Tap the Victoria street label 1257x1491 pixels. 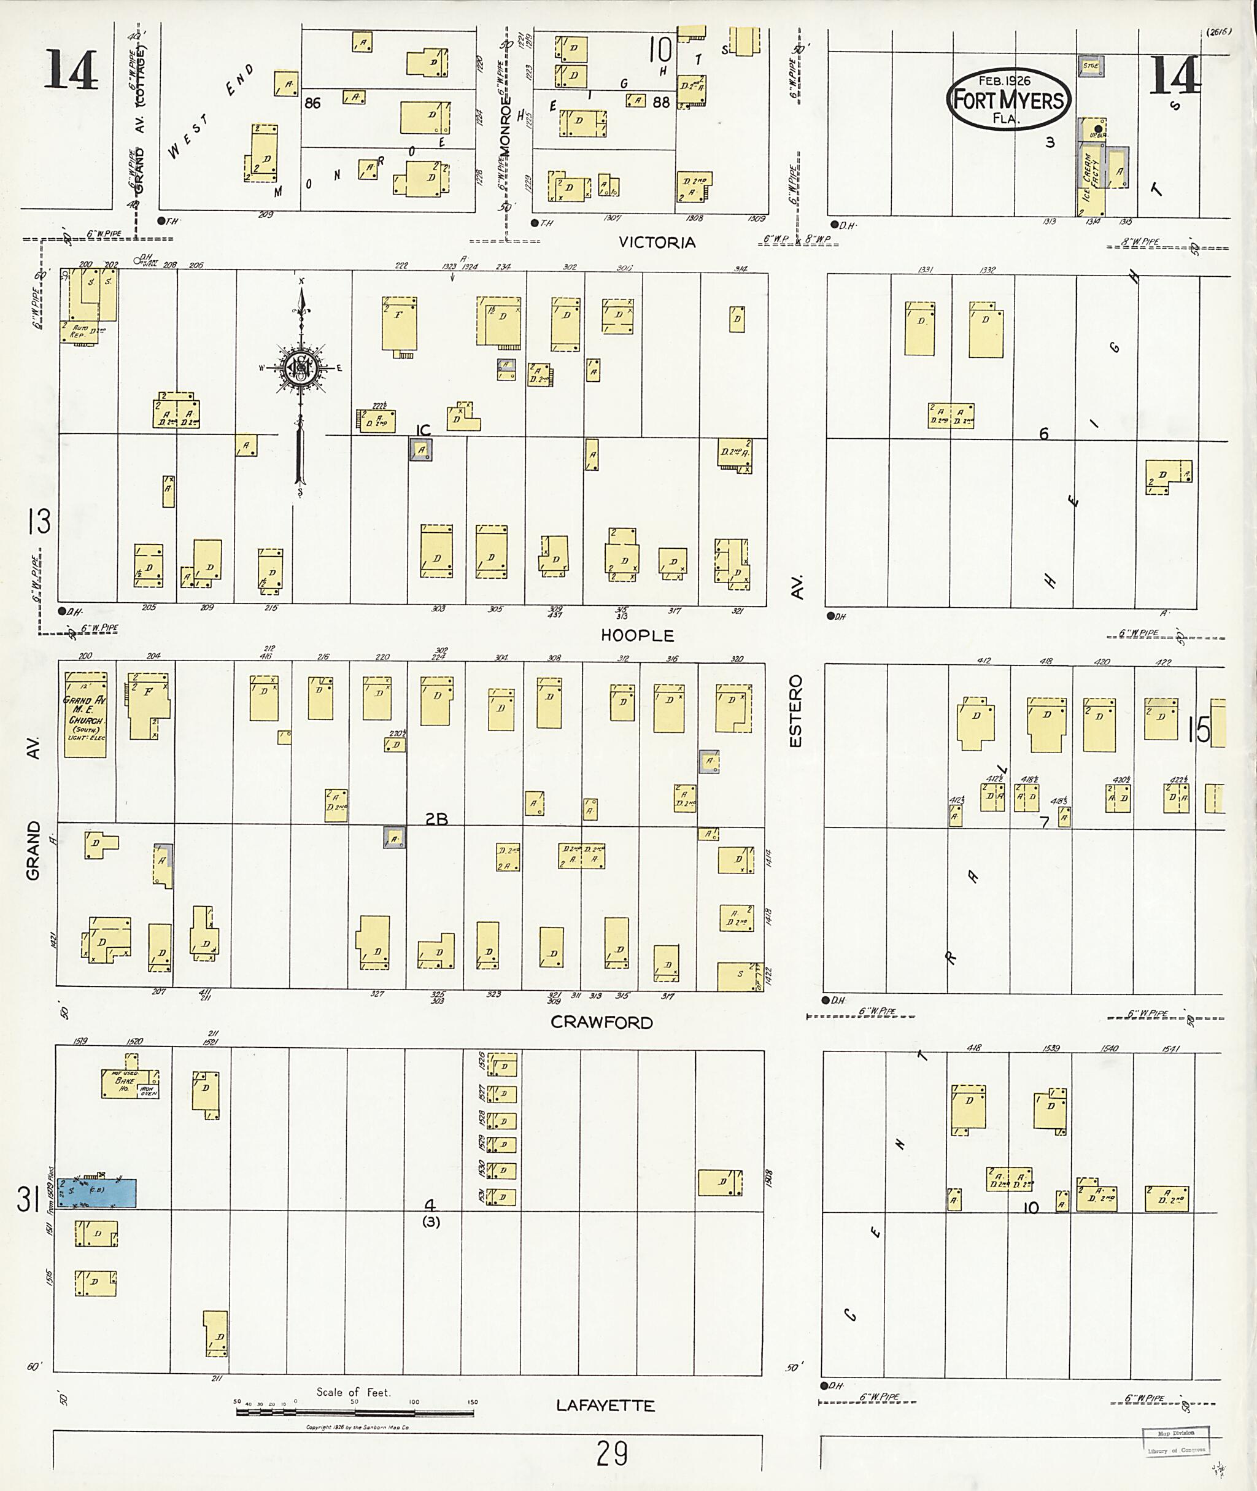656,242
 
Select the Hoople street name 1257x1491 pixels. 637,635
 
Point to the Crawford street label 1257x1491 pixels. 602,1022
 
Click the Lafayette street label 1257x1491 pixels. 606,1405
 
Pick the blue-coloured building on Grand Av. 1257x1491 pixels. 97,1193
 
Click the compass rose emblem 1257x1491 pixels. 301,367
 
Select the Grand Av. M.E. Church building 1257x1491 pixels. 85,713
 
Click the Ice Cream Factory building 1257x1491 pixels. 1090,182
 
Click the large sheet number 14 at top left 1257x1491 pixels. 71,70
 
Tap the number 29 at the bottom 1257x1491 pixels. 611,1452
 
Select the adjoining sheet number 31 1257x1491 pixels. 27,1199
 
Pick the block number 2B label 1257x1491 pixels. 436,819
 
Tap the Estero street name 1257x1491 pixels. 795,711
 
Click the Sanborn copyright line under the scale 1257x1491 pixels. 357,1427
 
